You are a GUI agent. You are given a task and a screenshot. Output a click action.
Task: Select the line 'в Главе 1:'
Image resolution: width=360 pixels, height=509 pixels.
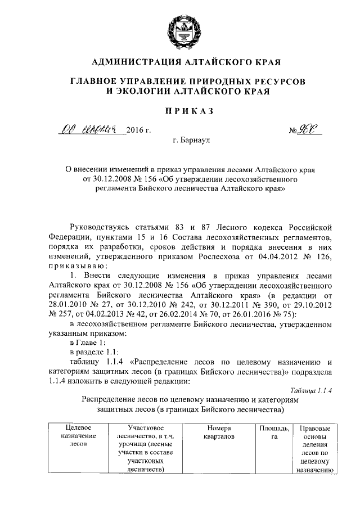coord(87,342)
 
